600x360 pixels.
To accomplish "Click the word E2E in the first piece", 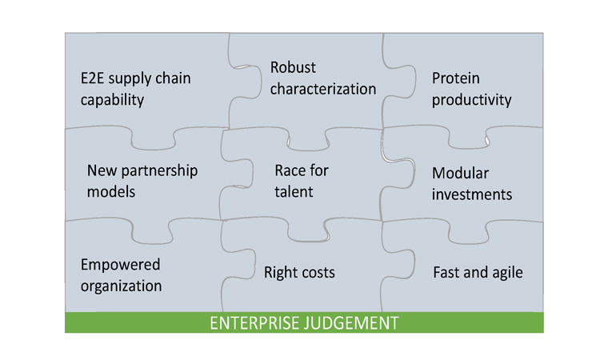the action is coord(92,78).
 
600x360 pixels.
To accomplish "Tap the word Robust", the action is coord(293,68).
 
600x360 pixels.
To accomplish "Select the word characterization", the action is coord(323,89).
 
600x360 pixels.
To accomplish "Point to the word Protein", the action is coord(456,78).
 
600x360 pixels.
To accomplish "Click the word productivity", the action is coord(472,100).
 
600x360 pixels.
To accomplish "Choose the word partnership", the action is coord(159,171).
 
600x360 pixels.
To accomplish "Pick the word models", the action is coord(111,192).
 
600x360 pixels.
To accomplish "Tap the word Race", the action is coord(289,170).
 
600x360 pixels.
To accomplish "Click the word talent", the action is coord(294,192).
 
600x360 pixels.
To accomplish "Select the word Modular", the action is coord(461,174).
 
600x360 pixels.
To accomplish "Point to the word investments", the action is coord(472,194).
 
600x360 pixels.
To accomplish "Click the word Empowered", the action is coord(121,265).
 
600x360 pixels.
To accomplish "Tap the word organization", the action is coord(122,286).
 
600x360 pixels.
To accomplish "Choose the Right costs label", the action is coord(300,273).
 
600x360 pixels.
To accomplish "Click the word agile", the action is coord(507,273).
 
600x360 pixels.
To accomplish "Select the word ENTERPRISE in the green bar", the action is coord(255,323).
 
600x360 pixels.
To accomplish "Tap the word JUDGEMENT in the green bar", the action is coord(351,323).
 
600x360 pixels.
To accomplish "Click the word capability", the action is coord(113,100).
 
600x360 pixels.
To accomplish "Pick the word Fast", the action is coord(446,273).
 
